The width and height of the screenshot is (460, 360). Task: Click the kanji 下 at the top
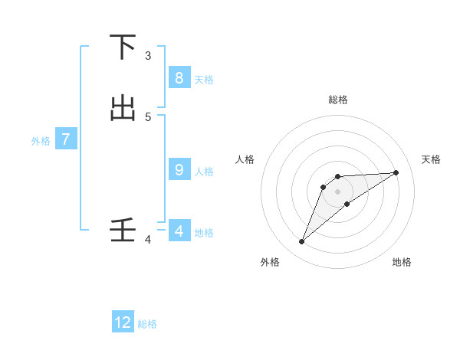coord(123,48)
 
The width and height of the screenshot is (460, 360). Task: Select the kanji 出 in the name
coord(123,108)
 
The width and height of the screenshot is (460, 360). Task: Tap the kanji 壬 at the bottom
coord(123,231)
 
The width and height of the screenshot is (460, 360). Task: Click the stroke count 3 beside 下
coord(148,56)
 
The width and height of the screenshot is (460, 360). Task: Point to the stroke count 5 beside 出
coord(148,116)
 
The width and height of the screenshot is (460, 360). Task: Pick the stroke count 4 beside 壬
coord(148,240)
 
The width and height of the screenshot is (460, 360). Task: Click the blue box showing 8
coord(179,77)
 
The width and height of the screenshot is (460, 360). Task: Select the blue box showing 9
coord(179,170)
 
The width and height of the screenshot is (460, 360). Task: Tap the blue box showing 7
coord(66,139)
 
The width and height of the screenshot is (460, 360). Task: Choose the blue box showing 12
coord(123,322)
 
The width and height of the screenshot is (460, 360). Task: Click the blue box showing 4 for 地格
coord(179,231)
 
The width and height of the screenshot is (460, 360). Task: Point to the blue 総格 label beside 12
coord(147,324)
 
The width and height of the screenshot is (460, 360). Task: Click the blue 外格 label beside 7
coord(41,141)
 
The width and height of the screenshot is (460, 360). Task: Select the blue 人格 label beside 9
coord(204,172)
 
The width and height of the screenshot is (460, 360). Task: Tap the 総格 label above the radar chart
coord(337,100)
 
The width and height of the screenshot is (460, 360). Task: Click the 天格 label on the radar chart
coord(431,159)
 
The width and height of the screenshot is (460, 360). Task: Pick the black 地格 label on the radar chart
coord(402,262)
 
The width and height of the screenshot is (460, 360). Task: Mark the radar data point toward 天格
coord(396,172)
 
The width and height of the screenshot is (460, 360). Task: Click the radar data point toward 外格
coord(301,242)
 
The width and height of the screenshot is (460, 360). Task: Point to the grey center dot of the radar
coord(337,191)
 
